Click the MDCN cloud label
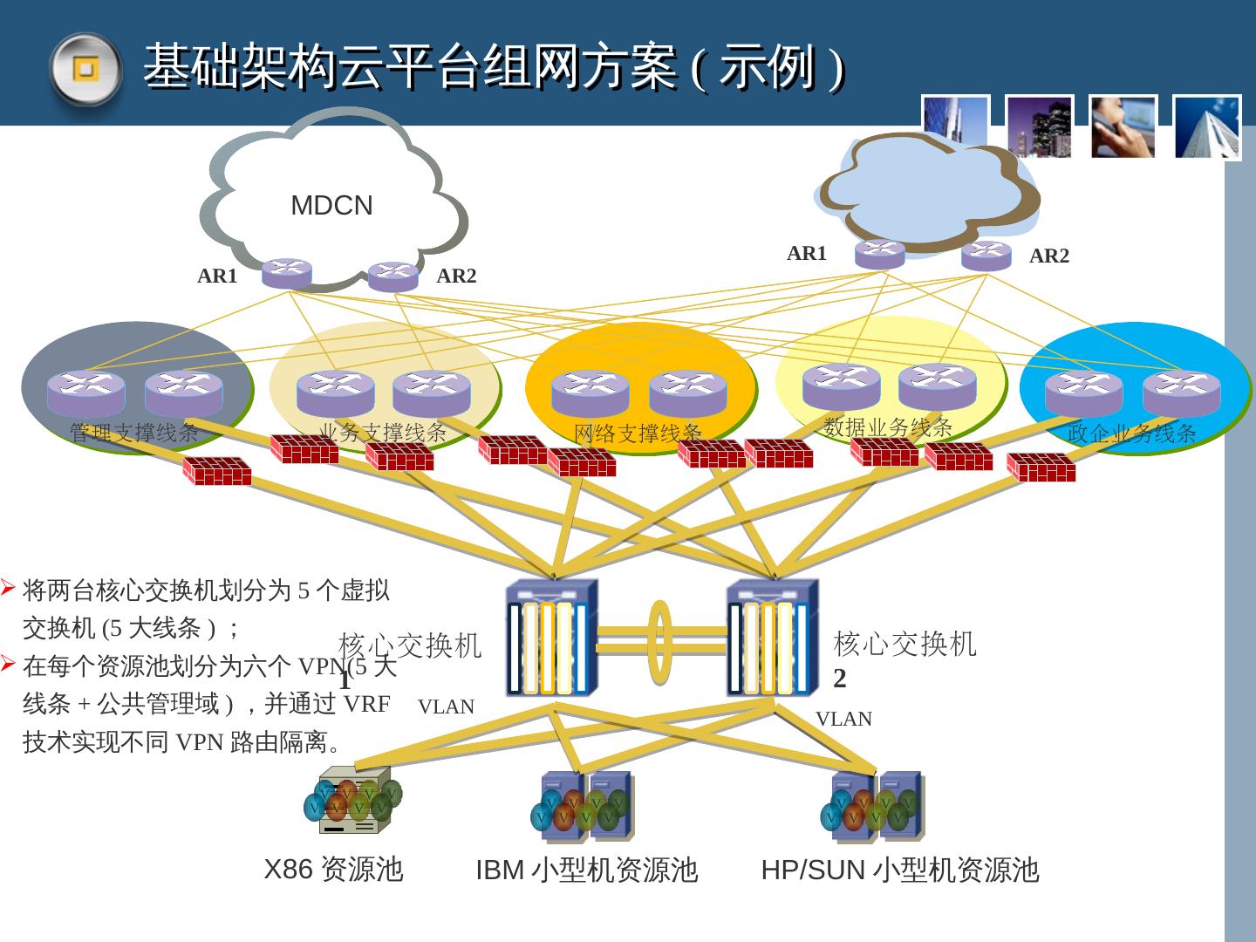tap(331, 206)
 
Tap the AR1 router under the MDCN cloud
tap(286, 273)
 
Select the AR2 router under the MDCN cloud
tap(392, 276)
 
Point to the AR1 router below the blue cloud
tap(879, 253)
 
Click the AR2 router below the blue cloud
tap(986, 256)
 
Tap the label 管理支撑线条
tap(134, 433)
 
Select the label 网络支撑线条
tap(638, 433)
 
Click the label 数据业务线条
tap(888, 427)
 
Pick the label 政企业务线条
tap(1131, 433)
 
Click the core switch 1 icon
tap(551, 638)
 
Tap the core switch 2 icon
tap(772, 638)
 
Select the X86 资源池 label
tap(333, 870)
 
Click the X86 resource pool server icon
tap(353, 801)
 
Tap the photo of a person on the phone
tap(1123, 127)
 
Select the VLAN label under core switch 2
tap(843, 719)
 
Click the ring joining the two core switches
tap(661, 641)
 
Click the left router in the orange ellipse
tap(590, 392)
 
